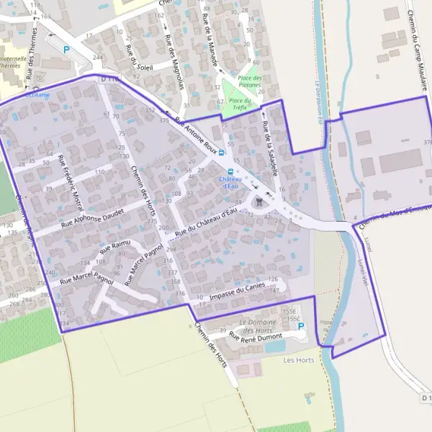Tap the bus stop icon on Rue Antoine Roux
[x=221, y=152]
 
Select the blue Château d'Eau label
[x=230, y=183]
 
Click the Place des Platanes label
[x=249, y=81]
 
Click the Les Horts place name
[x=299, y=360]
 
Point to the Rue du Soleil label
[x=138, y=55]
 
